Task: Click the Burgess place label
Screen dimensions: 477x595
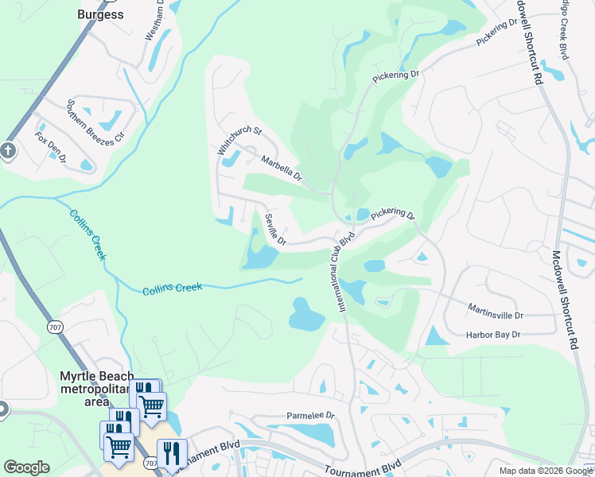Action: [100, 14]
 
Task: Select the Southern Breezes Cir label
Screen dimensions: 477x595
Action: [96, 120]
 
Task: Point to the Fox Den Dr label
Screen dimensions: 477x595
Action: [51, 148]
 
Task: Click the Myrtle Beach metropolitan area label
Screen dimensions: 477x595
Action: [96, 382]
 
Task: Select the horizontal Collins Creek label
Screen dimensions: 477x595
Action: [173, 289]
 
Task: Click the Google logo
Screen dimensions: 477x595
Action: [26, 467]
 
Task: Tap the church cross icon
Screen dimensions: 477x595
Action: [7, 149]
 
